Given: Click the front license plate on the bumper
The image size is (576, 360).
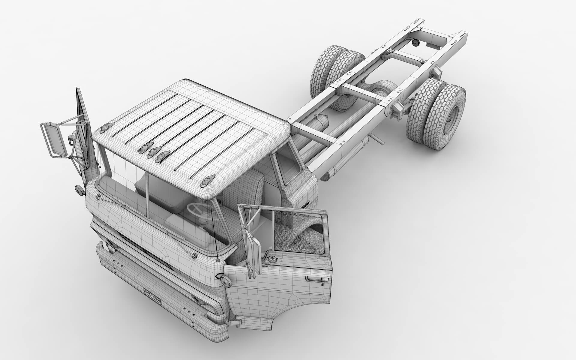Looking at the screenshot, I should [152, 296].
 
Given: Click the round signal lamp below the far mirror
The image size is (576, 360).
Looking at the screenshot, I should [79, 190].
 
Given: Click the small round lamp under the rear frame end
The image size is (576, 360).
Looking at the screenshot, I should [415, 44].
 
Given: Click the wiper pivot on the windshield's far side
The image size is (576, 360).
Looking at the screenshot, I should [99, 196].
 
